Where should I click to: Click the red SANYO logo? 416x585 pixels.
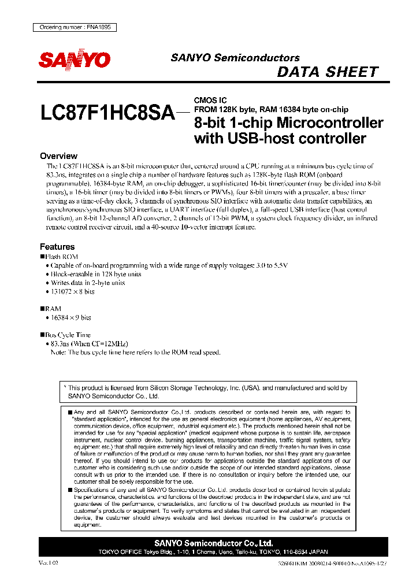(74, 60)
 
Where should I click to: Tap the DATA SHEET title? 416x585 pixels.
(328, 72)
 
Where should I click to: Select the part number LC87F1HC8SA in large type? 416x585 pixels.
(107, 112)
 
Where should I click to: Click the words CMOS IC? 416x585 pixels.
(210, 100)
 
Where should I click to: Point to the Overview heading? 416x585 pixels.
(58, 156)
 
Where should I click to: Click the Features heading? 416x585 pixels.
(57, 246)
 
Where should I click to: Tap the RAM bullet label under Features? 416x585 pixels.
(53, 309)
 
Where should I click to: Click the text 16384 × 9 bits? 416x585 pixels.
(71, 317)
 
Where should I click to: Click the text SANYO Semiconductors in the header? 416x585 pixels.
(235, 58)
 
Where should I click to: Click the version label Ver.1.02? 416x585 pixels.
(49, 562)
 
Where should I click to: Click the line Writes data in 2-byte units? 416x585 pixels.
(88, 283)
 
